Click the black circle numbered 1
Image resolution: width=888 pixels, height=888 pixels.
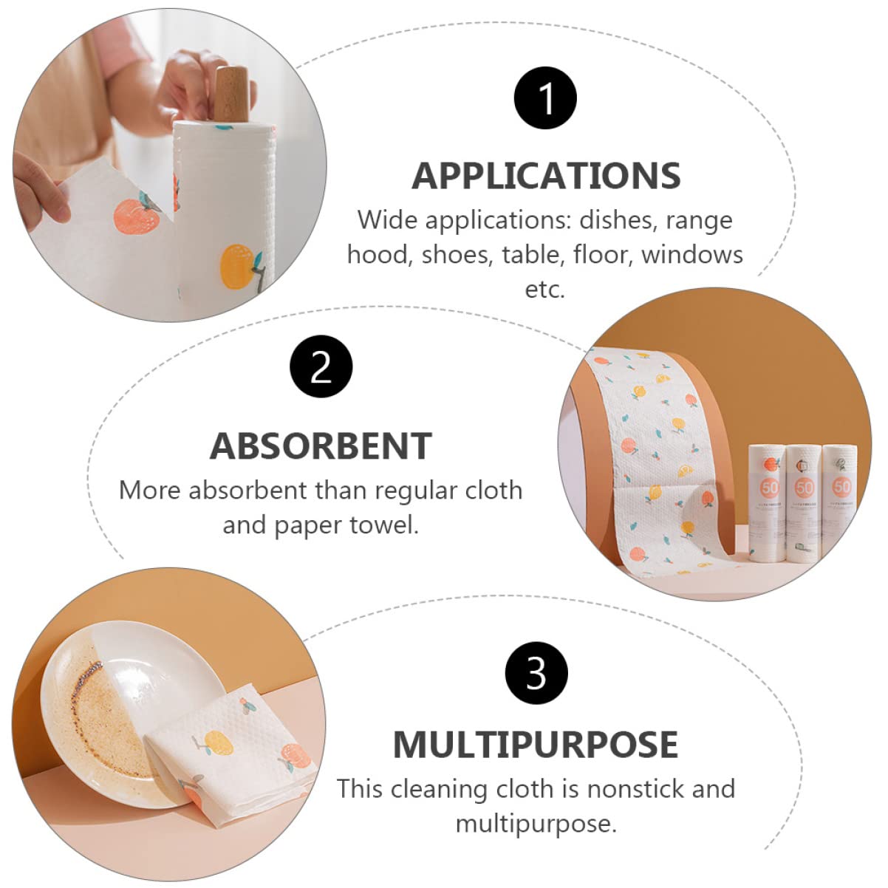[x=545, y=98]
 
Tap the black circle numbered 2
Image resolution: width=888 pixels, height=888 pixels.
[x=321, y=366]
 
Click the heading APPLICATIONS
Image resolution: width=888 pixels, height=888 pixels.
[x=546, y=176]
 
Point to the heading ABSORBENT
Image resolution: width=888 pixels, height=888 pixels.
[x=321, y=446]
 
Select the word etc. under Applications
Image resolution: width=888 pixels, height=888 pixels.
[x=545, y=290]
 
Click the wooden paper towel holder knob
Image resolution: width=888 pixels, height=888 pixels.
[x=231, y=94]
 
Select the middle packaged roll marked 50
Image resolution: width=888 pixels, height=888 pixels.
[x=803, y=503]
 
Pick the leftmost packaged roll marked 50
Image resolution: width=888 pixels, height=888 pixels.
[x=768, y=503]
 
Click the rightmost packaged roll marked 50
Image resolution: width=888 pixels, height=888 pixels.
[x=839, y=503]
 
